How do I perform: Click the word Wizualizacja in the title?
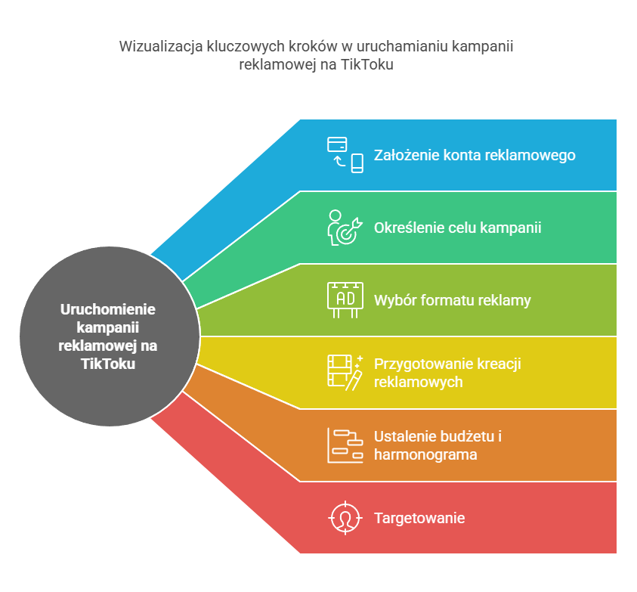pos(161,46)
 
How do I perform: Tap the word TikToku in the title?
pos(366,65)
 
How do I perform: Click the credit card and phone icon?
pos(345,155)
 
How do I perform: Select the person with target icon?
pos(345,228)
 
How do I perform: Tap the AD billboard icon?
pos(345,300)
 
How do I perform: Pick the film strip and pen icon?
pos(345,373)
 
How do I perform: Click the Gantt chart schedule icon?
pos(345,445)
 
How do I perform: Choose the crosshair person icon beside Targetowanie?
pos(345,518)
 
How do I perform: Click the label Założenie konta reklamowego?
pos(475,155)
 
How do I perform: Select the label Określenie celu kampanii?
pos(457,228)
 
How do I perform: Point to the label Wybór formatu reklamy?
pos(452,300)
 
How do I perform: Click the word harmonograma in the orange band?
pos(425,454)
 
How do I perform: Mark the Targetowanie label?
pos(419,519)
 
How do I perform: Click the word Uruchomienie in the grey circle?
pos(108,309)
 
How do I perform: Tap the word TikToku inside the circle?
pos(108,364)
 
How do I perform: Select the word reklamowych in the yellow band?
pos(419,383)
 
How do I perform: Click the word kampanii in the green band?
pos(511,228)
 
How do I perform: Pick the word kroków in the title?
pos(314,46)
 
